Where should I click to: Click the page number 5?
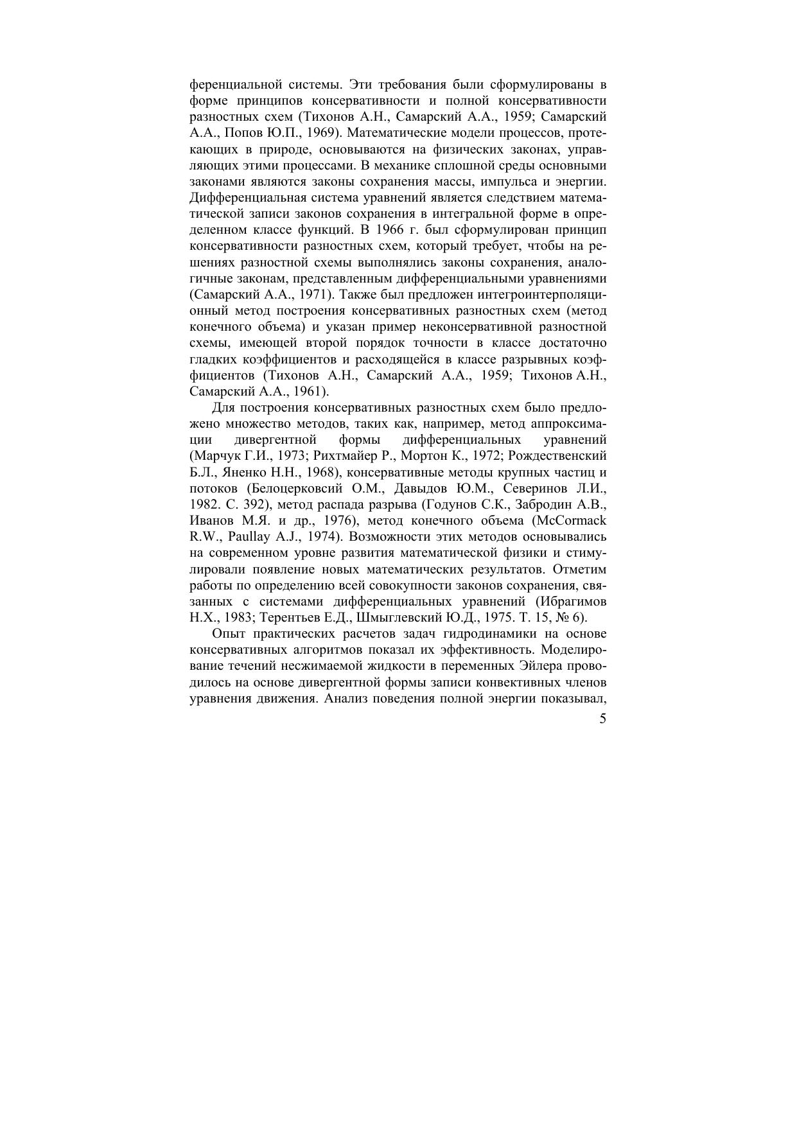click(x=602, y=719)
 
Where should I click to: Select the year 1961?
click(x=310, y=391)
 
